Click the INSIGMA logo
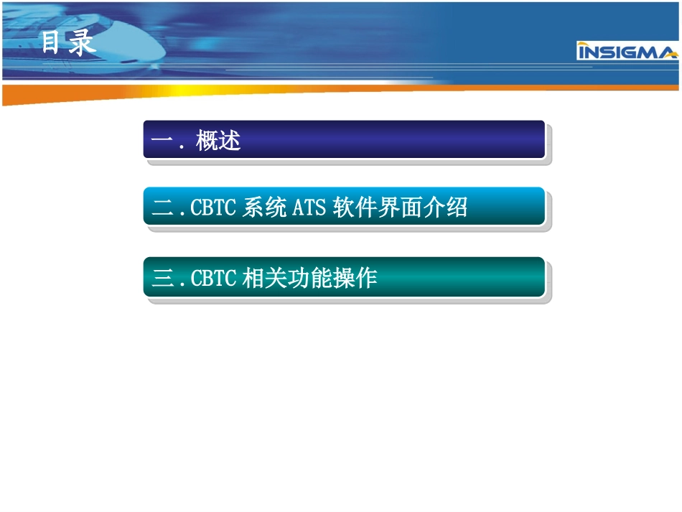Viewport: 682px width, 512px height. tap(627, 52)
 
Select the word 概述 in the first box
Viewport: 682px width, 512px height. tap(218, 140)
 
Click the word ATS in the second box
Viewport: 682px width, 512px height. tap(309, 208)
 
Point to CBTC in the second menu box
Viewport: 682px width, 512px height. tap(212, 208)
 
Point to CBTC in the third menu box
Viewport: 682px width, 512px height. tap(212, 278)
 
